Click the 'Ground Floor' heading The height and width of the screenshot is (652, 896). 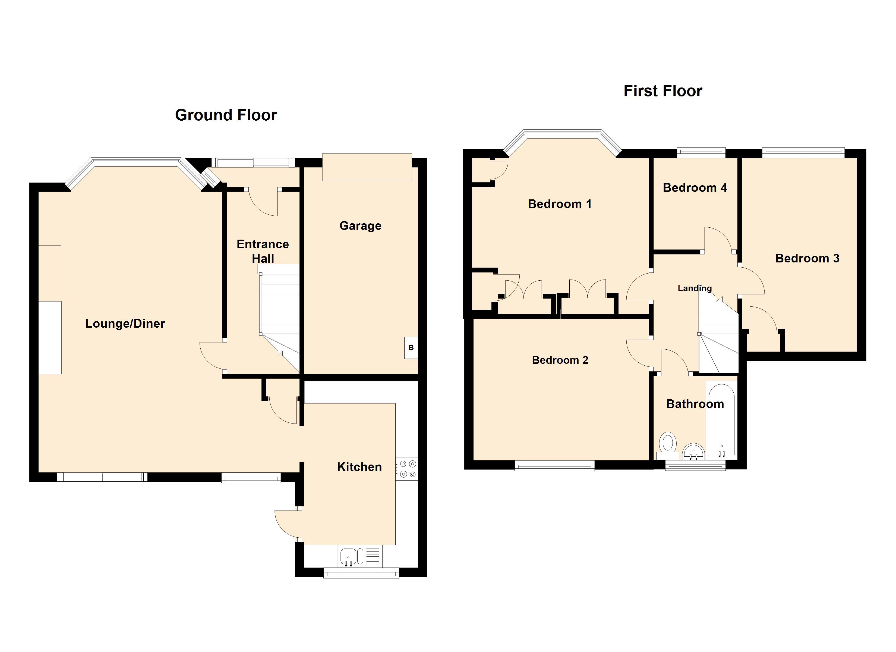tap(226, 115)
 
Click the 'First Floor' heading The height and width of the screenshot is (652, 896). tap(663, 91)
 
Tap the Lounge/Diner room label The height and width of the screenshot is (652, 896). tap(125, 324)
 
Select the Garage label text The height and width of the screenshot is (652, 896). tap(360, 226)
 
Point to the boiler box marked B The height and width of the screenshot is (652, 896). tap(411, 347)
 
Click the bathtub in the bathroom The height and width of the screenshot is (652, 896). tap(721, 420)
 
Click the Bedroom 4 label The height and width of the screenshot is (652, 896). tap(695, 187)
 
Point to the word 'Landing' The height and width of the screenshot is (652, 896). tap(695, 289)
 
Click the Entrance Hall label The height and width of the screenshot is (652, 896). tap(263, 251)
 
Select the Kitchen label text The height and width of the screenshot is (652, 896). tap(359, 467)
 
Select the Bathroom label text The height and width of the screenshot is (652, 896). tap(695, 404)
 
